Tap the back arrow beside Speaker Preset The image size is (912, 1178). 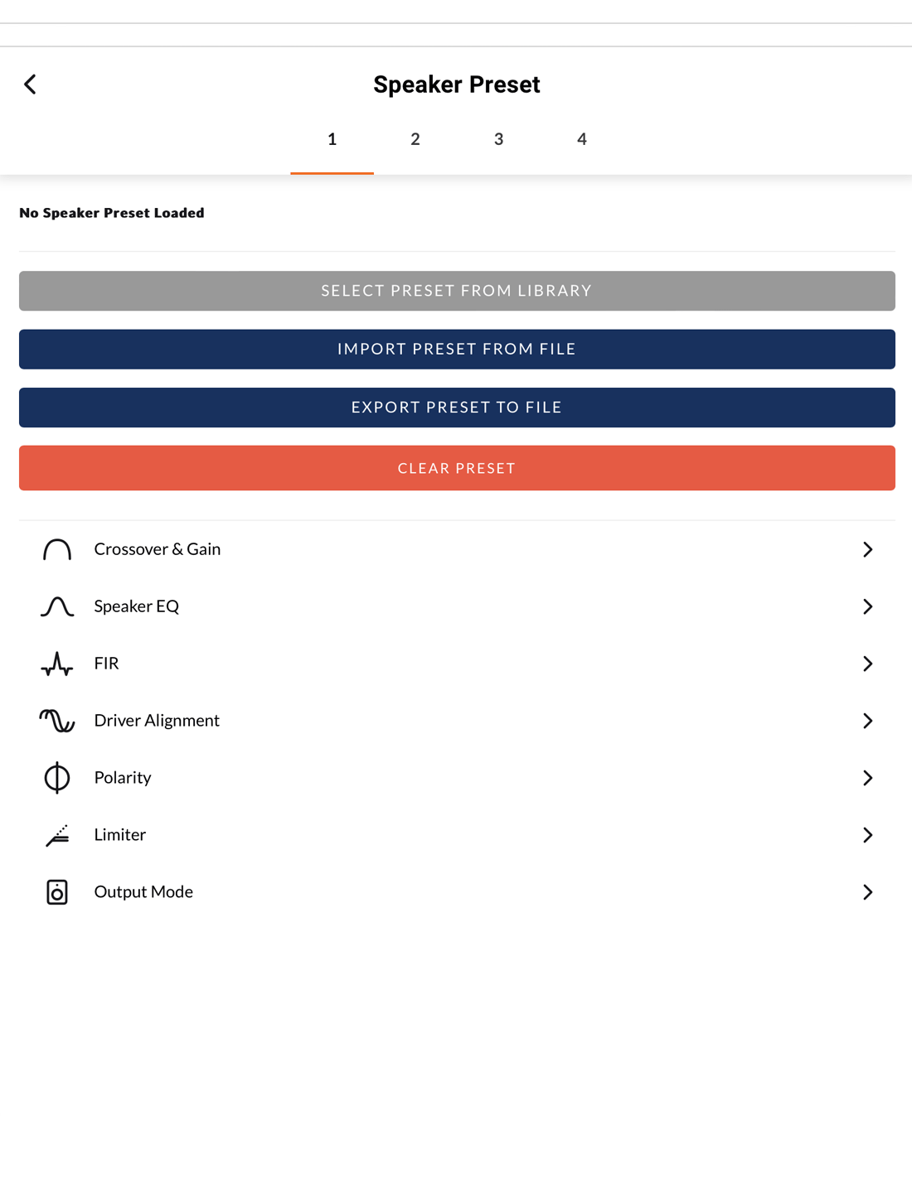tap(30, 84)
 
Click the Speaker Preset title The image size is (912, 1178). tap(456, 84)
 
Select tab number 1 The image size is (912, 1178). tap(332, 139)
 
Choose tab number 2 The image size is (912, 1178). tap(415, 139)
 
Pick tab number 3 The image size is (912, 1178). tap(498, 139)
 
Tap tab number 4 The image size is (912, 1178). tap(582, 139)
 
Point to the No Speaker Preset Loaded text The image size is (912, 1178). tap(112, 213)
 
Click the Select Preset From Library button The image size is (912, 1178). tap(457, 291)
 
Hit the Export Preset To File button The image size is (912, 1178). tap(457, 408)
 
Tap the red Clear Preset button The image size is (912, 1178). tap(457, 468)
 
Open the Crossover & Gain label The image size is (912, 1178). tap(158, 549)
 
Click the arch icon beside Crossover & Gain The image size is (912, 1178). tap(57, 549)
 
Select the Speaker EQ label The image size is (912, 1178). tap(137, 606)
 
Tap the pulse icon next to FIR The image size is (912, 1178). tap(57, 664)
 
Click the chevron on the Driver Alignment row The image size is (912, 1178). tap(867, 721)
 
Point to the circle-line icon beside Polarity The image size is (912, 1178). tap(57, 778)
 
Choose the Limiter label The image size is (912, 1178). tap(120, 835)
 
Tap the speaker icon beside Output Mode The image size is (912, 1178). tap(57, 892)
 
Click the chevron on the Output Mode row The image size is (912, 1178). tap(867, 892)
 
